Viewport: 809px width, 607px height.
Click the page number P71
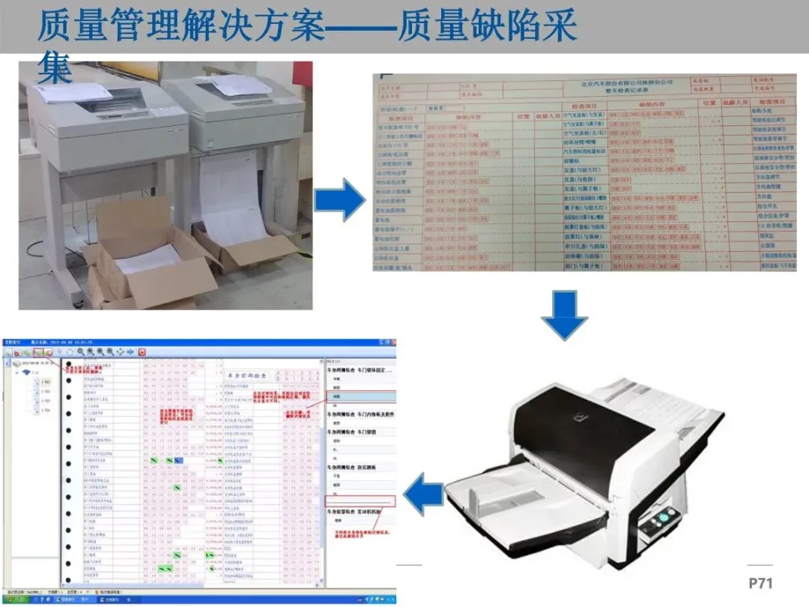pos(760,583)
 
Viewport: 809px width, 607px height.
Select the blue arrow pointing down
pos(564,315)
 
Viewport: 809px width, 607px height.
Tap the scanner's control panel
pos(662,520)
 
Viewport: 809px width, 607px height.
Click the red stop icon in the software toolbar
pos(142,351)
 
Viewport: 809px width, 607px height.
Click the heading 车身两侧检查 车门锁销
pos(360,432)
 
